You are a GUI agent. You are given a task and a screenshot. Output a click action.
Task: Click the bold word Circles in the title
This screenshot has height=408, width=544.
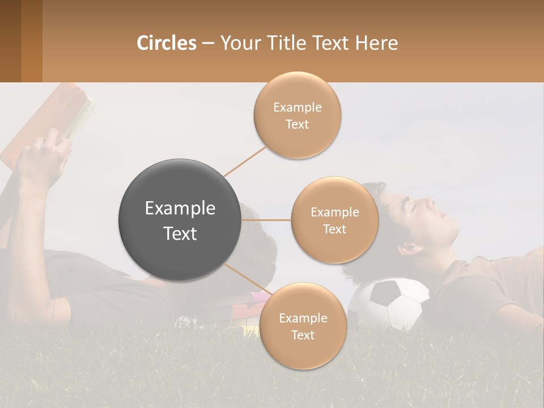(166, 43)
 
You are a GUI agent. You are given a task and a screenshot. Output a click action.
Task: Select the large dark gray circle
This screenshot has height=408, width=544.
(180, 220)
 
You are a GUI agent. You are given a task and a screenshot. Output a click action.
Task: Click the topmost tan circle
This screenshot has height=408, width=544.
(297, 115)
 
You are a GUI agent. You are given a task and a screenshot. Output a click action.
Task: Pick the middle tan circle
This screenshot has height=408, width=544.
(334, 220)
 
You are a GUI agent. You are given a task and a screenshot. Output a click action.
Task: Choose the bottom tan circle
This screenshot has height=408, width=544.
(303, 326)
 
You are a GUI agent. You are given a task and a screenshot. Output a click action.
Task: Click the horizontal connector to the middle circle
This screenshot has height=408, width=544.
(266, 220)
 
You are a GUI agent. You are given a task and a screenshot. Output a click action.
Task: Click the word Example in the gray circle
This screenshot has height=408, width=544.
(180, 209)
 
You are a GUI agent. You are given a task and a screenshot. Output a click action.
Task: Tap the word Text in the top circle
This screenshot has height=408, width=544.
(297, 124)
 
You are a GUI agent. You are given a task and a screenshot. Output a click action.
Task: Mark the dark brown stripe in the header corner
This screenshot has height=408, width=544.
(10, 41)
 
